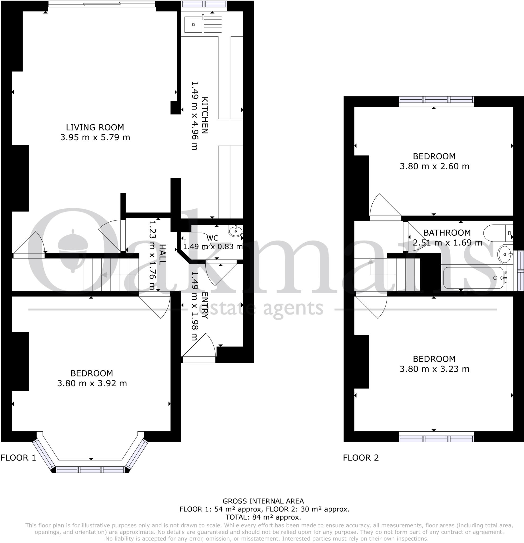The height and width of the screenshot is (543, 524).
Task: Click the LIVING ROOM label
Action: point(95,128)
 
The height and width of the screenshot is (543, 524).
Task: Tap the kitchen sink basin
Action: point(193,25)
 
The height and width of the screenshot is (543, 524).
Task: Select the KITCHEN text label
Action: point(204,115)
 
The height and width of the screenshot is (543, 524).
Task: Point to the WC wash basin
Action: point(235,231)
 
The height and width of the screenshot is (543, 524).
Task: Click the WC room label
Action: point(212,238)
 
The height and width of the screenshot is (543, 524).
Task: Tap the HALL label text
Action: point(162,254)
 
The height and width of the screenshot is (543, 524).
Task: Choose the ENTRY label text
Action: point(204,305)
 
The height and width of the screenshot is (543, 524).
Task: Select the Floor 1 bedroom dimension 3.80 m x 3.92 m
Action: point(92,383)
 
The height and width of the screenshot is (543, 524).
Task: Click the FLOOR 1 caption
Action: point(18,458)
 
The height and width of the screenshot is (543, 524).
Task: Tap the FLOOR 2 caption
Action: point(360,458)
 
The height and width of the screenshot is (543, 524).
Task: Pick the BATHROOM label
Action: point(447,233)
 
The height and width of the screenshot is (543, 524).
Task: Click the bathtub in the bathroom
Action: point(473,278)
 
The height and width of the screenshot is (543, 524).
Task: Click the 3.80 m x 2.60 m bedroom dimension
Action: point(434,167)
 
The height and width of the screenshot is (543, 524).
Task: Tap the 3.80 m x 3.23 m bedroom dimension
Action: point(434,369)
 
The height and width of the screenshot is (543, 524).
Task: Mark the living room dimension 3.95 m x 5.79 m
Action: point(95,137)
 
